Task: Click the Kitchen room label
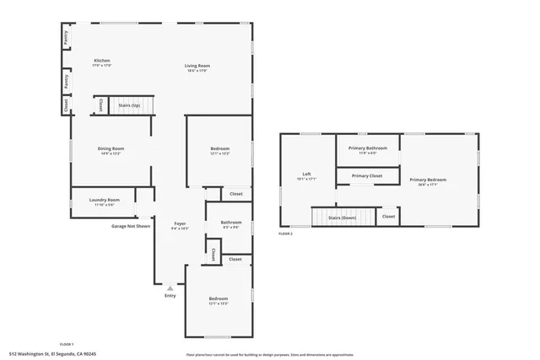pyautogui.click(x=102, y=61)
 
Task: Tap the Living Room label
pyautogui.click(x=198, y=66)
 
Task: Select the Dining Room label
pyautogui.click(x=111, y=148)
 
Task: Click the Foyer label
pyautogui.click(x=180, y=223)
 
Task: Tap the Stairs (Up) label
pyautogui.click(x=129, y=105)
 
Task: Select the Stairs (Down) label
pyautogui.click(x=342, y=218)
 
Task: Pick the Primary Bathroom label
pyautogui.click(x=368, y=148)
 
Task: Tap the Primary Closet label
pyautogui.click(x=367, y=175)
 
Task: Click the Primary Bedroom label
pyautogui.click(x=428, y=180)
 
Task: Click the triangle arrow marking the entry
pyautogui.click(x=170, y=287)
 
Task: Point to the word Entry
pyautogui.click(x=170, y=296)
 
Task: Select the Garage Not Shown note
pyautogui.click(x=131, y=226)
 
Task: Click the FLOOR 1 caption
pyautogui.click(x=67, y=344)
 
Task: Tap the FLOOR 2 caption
pyautogui.click(x=286, y=234)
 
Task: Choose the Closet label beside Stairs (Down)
pyautogui.click(x=388, y=217)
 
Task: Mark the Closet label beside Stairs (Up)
pyautogui.click(x=101, y=105)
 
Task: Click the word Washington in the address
pyautogui.click(x=32, y=354)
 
